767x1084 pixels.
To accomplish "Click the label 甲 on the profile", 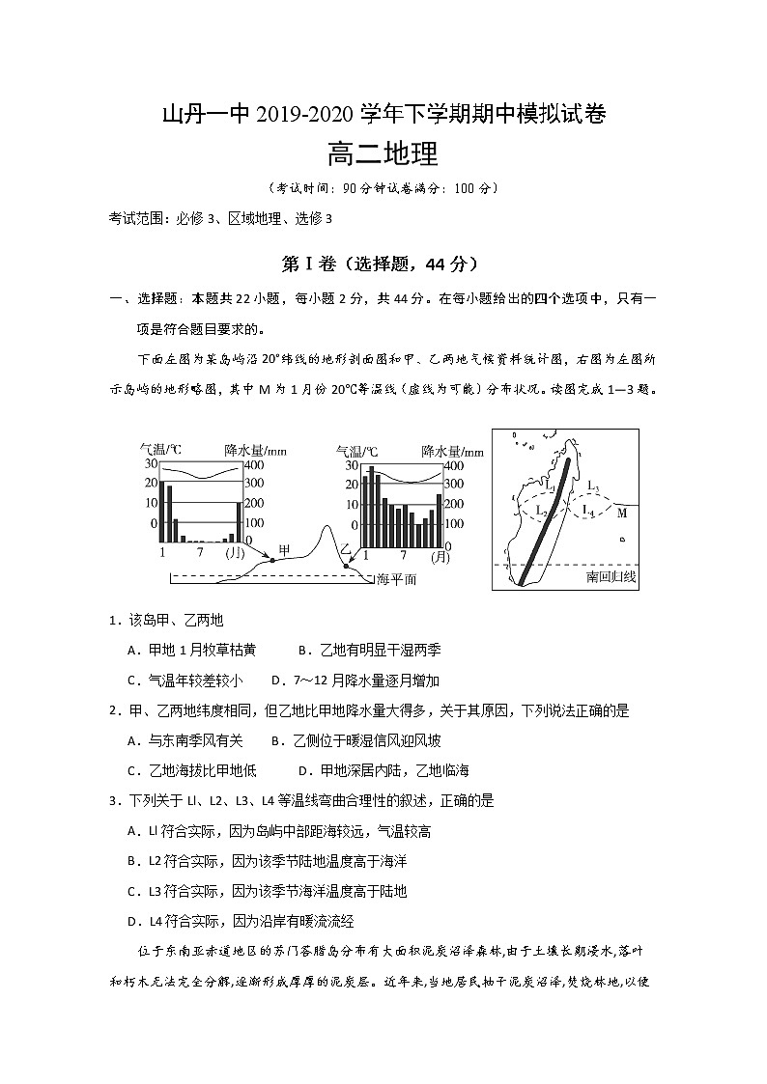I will coord(284,549).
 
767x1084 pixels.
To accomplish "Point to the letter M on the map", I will coord(622,513).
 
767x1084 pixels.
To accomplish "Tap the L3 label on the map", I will coord(593,486).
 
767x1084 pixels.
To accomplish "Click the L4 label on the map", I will coord(588,510).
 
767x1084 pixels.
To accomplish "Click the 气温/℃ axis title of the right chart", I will coord(356,450).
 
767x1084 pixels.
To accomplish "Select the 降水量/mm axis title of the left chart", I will coord(256,450).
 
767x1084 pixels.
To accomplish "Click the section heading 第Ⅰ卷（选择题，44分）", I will coord(383,263).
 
